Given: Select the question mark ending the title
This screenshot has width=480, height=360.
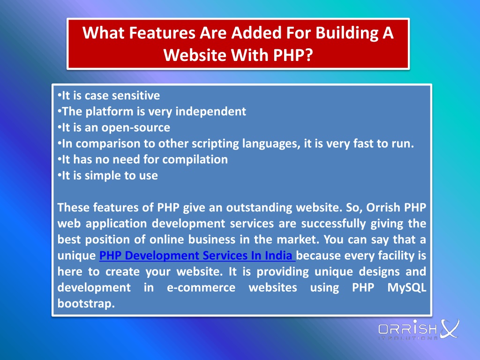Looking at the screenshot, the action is (x=308, y=55).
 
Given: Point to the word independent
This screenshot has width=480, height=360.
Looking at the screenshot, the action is (x=210, y=112).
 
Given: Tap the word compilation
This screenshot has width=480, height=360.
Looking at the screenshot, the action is (x=195, y=159).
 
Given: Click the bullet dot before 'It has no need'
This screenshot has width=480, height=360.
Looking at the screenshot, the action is (x=60, y=159).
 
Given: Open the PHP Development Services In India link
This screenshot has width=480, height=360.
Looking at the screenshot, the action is (x=197, y=255).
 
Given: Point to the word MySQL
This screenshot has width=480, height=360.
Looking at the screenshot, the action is (x=406, y=288).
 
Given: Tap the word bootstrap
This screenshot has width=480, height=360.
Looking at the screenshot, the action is (x=86, y=304).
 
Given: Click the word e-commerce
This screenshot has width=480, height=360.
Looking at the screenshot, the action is (x=201, y=288).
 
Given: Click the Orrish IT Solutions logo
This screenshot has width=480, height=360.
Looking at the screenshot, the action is (x=419, y=330).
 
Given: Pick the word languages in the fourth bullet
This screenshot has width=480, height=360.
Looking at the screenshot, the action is (x=271, y=143).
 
